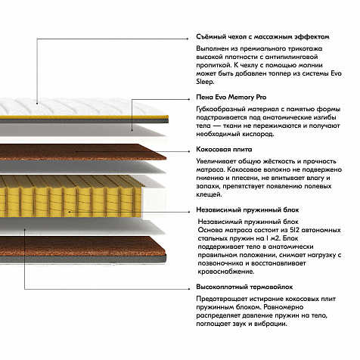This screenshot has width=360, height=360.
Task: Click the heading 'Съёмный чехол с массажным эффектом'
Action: [x=262, y=37]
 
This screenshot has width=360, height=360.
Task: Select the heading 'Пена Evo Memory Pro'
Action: [x=231, y=98]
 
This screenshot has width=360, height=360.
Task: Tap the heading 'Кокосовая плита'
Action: [x=224, y=150]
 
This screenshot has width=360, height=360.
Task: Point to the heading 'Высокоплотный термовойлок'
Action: [x=244, y=287]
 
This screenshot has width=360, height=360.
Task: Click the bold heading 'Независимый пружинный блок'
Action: [x=247, y=210]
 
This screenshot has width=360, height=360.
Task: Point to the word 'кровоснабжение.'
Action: [x=226, y=272]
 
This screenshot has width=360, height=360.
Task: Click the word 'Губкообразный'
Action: [x=220, y=110]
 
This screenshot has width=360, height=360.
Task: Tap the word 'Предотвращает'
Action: [x=222, y=299]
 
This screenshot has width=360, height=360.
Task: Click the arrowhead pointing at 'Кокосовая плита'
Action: [x=189, y=151]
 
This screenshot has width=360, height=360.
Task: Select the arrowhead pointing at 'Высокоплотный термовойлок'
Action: [x=189, y=289]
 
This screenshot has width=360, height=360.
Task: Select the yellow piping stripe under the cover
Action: [x=83, y=117]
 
